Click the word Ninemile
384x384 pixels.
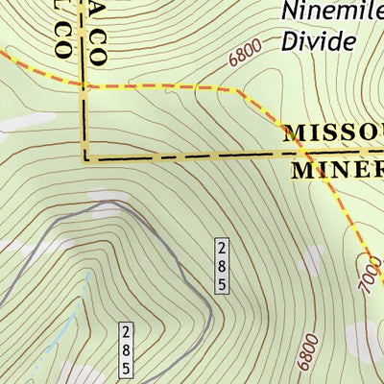tap(331, 12)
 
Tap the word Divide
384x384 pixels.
tap(319, 41)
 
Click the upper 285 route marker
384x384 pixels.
tap(222, 266)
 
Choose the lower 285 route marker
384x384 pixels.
tap(125, 351)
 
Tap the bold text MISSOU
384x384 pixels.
tap(332, 133)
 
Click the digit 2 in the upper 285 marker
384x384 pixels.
tap(222, 249)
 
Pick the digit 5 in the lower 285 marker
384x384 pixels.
tap(125, 369)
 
